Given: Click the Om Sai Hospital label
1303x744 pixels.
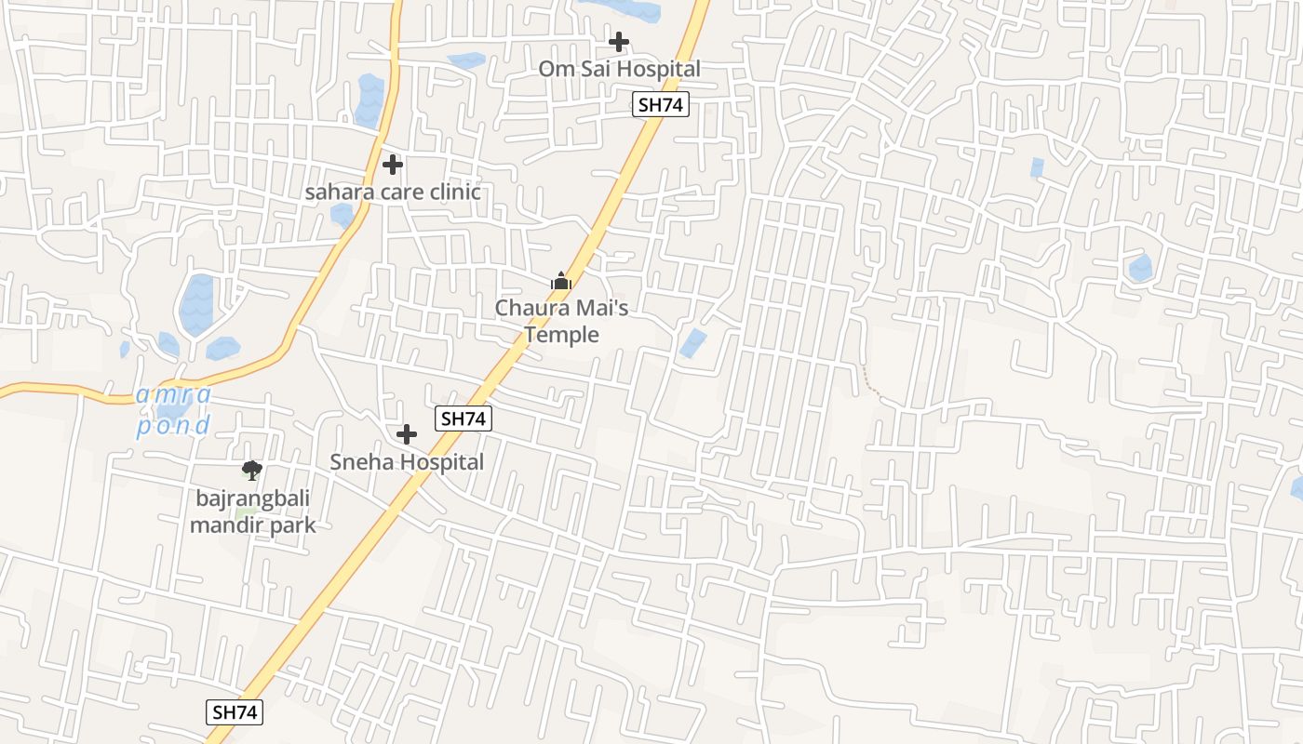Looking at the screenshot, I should (x=619, y=69).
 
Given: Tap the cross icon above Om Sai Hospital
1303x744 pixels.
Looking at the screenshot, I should (x=619, y=42).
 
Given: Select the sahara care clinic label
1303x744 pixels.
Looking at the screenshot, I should (x=393, y=193).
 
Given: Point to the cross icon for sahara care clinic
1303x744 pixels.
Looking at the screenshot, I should (x=393, y=165).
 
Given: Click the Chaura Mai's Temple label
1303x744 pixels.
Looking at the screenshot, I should (x=561, y=321).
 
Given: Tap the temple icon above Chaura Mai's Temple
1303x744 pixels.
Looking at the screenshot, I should (x=560, y=280).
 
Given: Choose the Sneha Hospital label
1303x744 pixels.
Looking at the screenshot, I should (x=407, y=461).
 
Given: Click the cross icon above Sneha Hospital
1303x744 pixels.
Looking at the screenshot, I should (x=407, y=434).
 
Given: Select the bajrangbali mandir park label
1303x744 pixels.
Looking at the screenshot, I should (x=252, y=511).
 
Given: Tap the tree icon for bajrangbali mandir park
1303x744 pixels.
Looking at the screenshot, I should (x=251, y=471).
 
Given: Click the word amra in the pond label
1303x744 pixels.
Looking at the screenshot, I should (x=174, y=394).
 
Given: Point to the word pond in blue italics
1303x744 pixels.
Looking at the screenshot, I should (x=173, y=426).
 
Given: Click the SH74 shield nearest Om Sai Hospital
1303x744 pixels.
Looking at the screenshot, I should (x=661, y=104).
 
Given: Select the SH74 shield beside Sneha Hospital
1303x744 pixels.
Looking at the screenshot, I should (x=463, y=418).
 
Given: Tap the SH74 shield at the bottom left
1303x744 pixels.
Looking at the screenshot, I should (x=234, y=712).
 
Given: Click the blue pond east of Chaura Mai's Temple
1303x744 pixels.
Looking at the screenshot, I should (x=692, y=343).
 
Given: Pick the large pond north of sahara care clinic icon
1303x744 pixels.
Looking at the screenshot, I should (x=369, y=100).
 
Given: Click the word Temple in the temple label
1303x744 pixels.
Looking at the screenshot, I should (x=561, y=335).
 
